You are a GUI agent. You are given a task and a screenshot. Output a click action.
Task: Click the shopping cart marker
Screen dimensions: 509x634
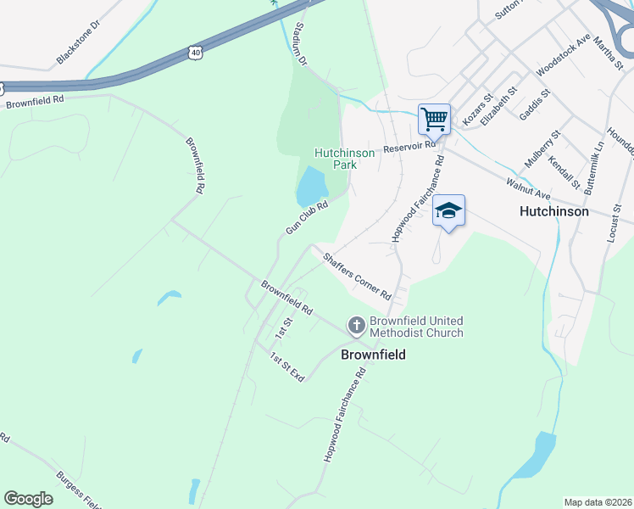(434, 119)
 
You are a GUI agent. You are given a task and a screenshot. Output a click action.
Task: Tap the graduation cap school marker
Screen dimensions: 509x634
(448, 211)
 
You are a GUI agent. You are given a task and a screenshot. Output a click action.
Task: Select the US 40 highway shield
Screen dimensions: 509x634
(196, 53)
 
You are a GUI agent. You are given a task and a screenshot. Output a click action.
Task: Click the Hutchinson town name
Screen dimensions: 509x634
(554, 211)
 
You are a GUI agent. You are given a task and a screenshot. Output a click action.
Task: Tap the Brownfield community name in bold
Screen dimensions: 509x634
(373, 354)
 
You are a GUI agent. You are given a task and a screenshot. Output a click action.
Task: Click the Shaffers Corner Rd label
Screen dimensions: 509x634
(356, 272)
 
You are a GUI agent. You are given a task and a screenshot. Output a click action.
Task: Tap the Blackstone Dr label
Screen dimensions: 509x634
(78, 42)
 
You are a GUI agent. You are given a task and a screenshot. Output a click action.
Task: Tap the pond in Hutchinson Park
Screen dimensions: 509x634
(311, 186)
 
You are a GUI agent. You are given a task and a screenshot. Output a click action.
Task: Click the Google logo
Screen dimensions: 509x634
(29, 499)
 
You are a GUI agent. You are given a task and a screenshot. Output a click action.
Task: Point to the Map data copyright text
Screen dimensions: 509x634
(598, 502)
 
